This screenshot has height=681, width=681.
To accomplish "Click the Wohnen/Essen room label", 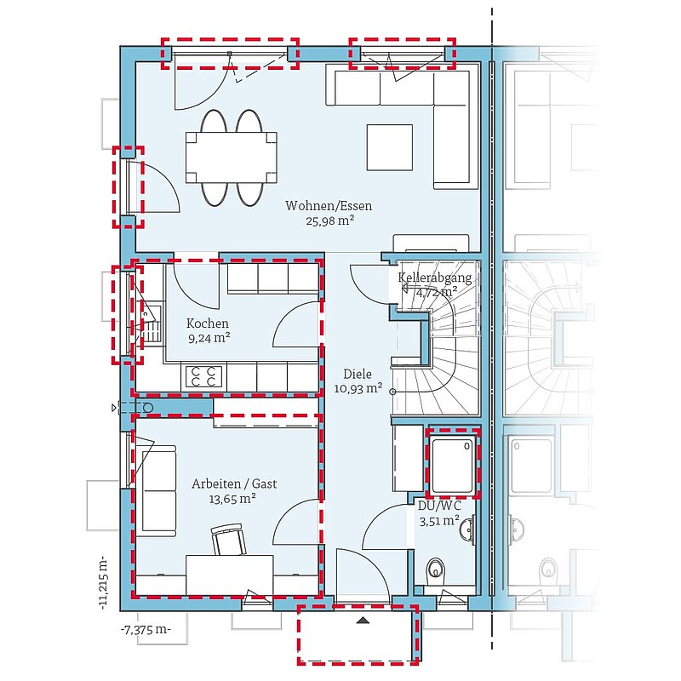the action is coord(329,205).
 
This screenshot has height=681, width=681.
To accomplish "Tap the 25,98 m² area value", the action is coord(330,220).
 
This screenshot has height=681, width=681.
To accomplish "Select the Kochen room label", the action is coord(208,323).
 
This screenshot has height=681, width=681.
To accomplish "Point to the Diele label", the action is coord(358,374).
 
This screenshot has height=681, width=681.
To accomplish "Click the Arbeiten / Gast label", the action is coord(235,484).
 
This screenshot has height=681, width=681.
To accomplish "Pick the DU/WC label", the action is coord(439,506).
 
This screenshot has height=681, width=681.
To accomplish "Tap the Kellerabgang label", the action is coord(435,278).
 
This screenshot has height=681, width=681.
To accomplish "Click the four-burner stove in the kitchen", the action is coord(203,376).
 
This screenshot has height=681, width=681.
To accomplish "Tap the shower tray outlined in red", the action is coord(453,464).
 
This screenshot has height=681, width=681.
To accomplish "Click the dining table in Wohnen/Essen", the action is coord(231,157).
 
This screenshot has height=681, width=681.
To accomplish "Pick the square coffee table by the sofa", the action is coord(390,147).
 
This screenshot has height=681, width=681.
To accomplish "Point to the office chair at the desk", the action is coord(228,539).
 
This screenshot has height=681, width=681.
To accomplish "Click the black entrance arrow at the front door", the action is coord(363,621).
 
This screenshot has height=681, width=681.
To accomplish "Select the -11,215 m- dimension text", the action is coord(103,582).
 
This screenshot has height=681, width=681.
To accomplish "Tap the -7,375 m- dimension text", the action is coord(146,630).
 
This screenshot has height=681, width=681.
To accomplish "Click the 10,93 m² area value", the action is coord(358,388).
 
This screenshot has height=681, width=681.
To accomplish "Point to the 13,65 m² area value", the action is coord(232,499).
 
